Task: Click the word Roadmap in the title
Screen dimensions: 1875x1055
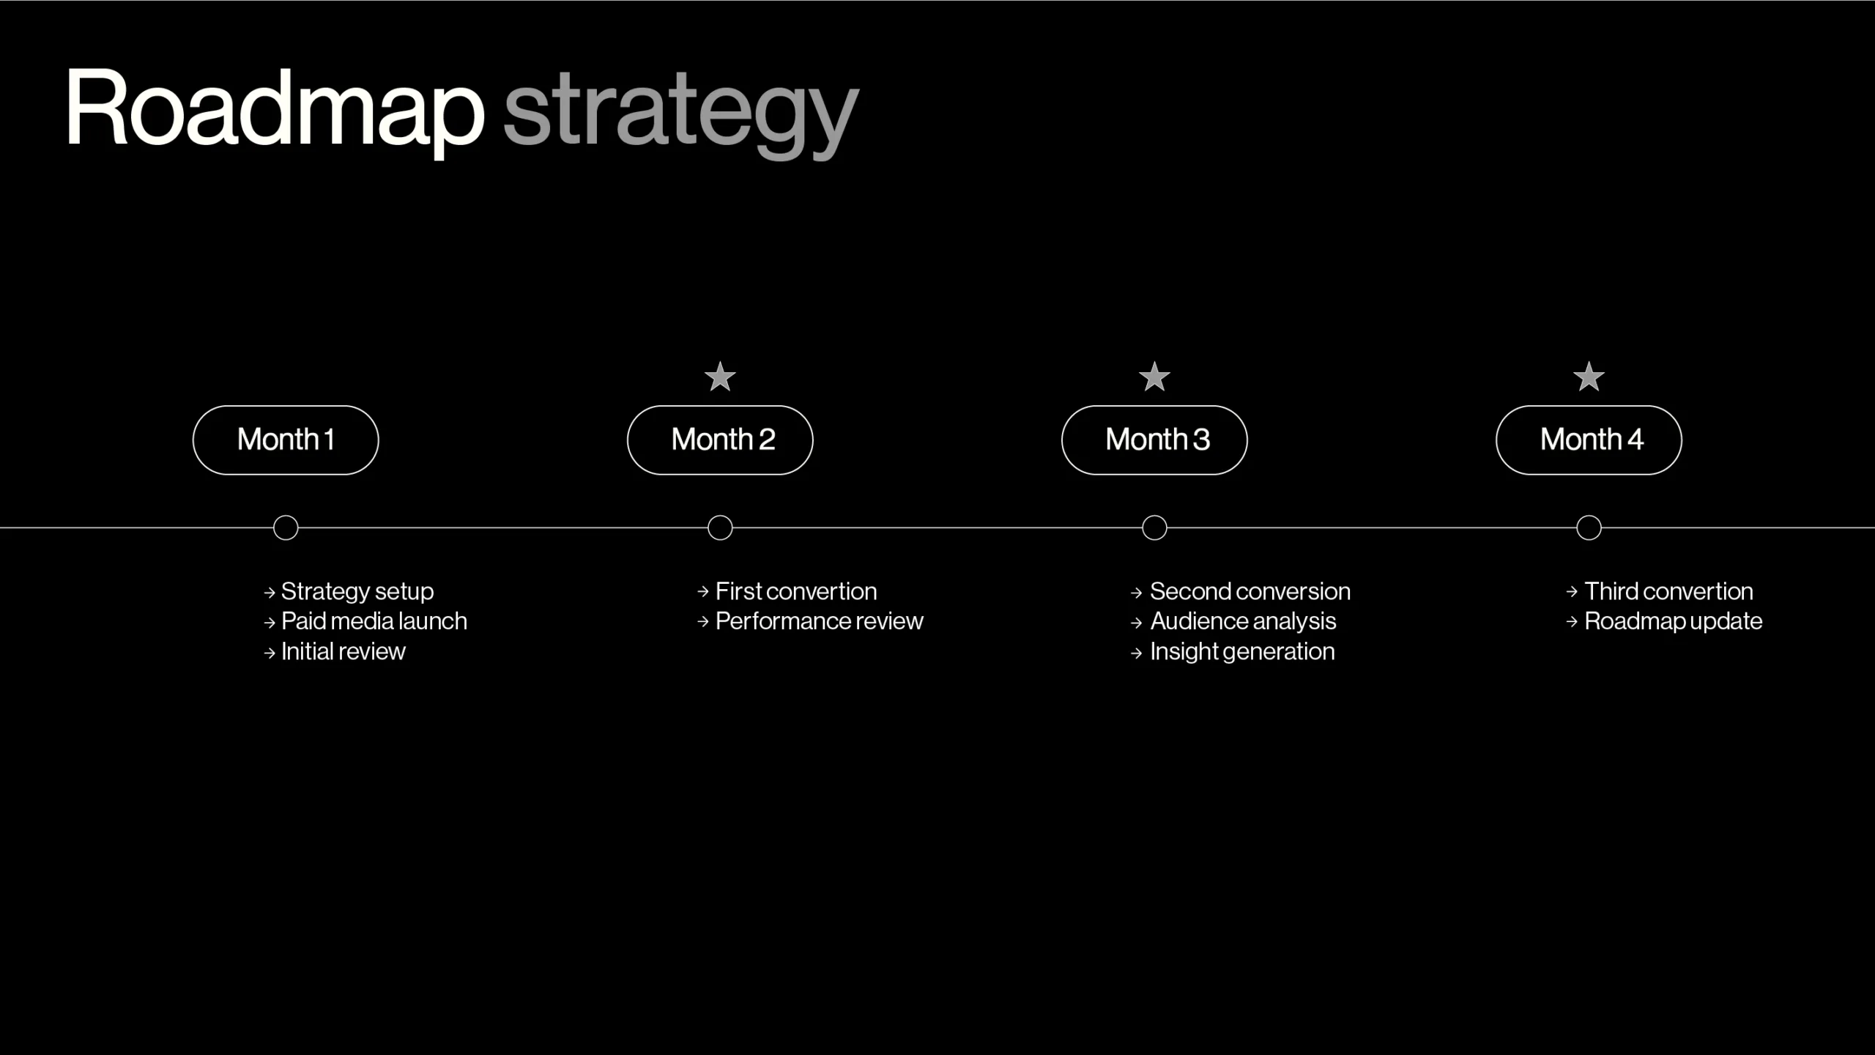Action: [x=275, y=110]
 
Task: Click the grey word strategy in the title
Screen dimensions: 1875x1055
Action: [x=681, y=114]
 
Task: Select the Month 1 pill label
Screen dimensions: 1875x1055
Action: [x=286, y=440]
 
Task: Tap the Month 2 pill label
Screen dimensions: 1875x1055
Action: [x=720, y=440]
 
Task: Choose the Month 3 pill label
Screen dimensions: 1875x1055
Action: [x=1154, y=440]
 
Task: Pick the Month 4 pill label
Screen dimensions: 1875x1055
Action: [x=1589, y=440]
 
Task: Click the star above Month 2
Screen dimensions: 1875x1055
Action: [x=720, y=377]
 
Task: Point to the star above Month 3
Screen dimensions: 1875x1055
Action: [x=1154, y=377]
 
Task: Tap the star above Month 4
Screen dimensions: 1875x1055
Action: [x=1589, y=377]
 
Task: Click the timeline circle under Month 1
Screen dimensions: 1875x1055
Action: [x=286, y=515]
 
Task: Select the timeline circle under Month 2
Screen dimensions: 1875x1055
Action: [x=720, y=515]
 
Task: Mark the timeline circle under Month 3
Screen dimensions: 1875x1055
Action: [x=1154, y=515]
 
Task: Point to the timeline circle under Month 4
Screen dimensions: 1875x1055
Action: [x=1589, y=515]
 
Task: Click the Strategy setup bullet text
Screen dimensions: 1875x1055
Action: [x=357, y=591]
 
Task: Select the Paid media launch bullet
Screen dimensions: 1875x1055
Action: [x=374, y=621]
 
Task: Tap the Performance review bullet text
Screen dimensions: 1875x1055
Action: [x=820, y=621]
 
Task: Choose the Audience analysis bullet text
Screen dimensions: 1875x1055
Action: [x=1243, y=621]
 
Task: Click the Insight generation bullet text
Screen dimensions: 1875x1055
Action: [x=1242, y=651]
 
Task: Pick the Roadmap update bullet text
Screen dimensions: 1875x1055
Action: [x=1674, y=621]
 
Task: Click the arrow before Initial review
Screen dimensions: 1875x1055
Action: [x=270, y=653]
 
